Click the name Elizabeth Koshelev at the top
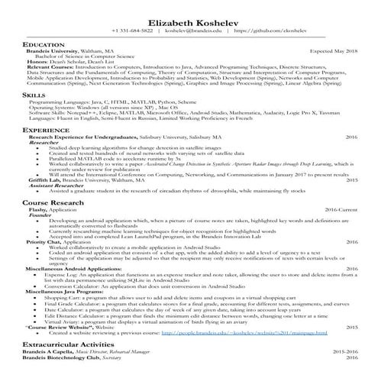[189, 21]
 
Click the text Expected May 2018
[333, 50]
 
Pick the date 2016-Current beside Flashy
[341, 208]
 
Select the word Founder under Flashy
[40, 215]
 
